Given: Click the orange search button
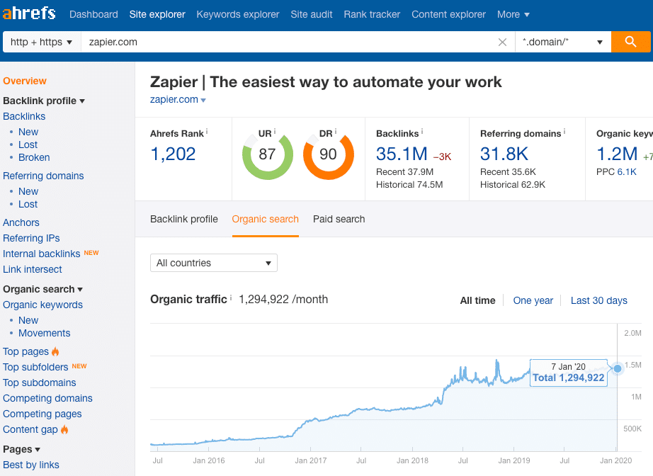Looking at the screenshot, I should [x=631, y=42].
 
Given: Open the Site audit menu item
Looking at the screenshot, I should [x=312, y=14].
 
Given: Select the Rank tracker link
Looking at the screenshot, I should [x=372, y=14].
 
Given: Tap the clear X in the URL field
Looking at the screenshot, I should [x=502, y=42].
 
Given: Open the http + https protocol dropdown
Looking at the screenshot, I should [x=42, y=42].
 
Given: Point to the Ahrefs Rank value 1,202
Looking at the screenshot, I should [x=173, y=154].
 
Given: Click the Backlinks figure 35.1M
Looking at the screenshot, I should [x=402, y=154].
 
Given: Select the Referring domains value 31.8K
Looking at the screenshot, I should [x=504, y=154].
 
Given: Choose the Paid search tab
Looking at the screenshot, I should [x=339, y=219].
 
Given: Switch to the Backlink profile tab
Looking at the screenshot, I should [x=184, y=219].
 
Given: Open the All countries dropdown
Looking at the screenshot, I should [x=214, y=263].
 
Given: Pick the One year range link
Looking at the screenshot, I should [x=533, y=300].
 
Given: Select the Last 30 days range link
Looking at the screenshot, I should [x=598, y=300].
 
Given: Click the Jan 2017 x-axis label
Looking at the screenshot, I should [x=311, y=460].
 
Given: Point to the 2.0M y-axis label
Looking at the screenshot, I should [x=632, y=333].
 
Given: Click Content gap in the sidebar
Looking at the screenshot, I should [x=30, y=429].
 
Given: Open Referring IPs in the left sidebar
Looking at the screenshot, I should [x=31, y=238].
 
